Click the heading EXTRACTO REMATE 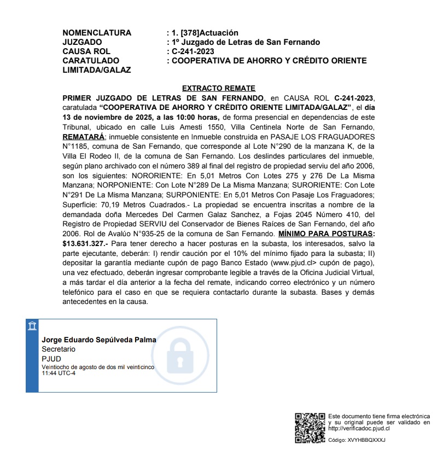click(219, 88)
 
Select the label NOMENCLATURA click(97, 33)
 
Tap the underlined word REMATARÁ click(82, 136)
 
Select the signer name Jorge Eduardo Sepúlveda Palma click(99, 340)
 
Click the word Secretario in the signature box click(59, 349)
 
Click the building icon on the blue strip click(32, 326)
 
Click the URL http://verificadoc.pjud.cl click(357, 429)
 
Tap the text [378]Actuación click(206, 33)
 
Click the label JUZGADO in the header click(82, 42)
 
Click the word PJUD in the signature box click(52, 358)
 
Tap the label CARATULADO click(91, 61)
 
